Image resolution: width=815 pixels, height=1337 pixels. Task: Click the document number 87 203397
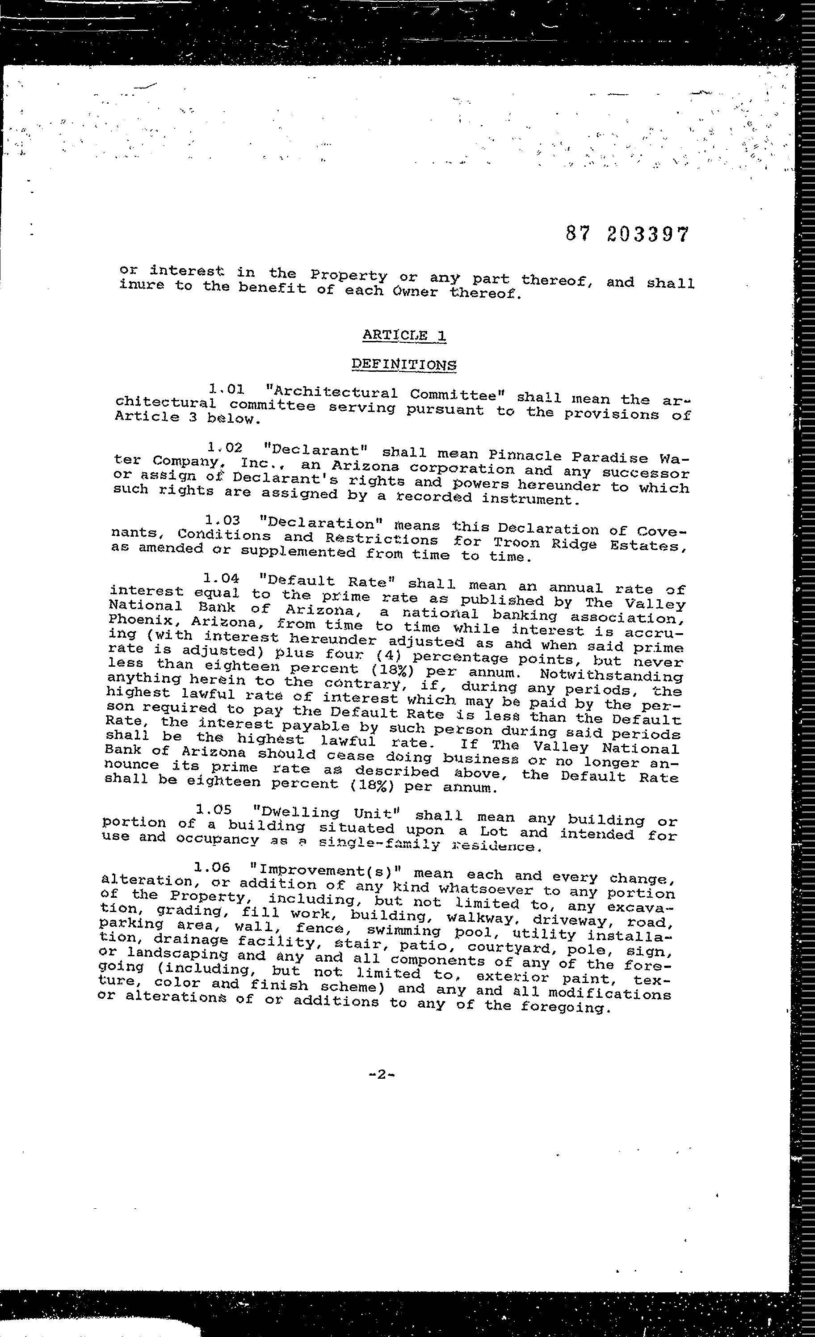[x=627, y=235]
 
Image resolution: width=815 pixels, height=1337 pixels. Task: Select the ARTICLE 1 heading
[x=404, y=335]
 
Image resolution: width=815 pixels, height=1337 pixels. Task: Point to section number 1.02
[x=225, y=448]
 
